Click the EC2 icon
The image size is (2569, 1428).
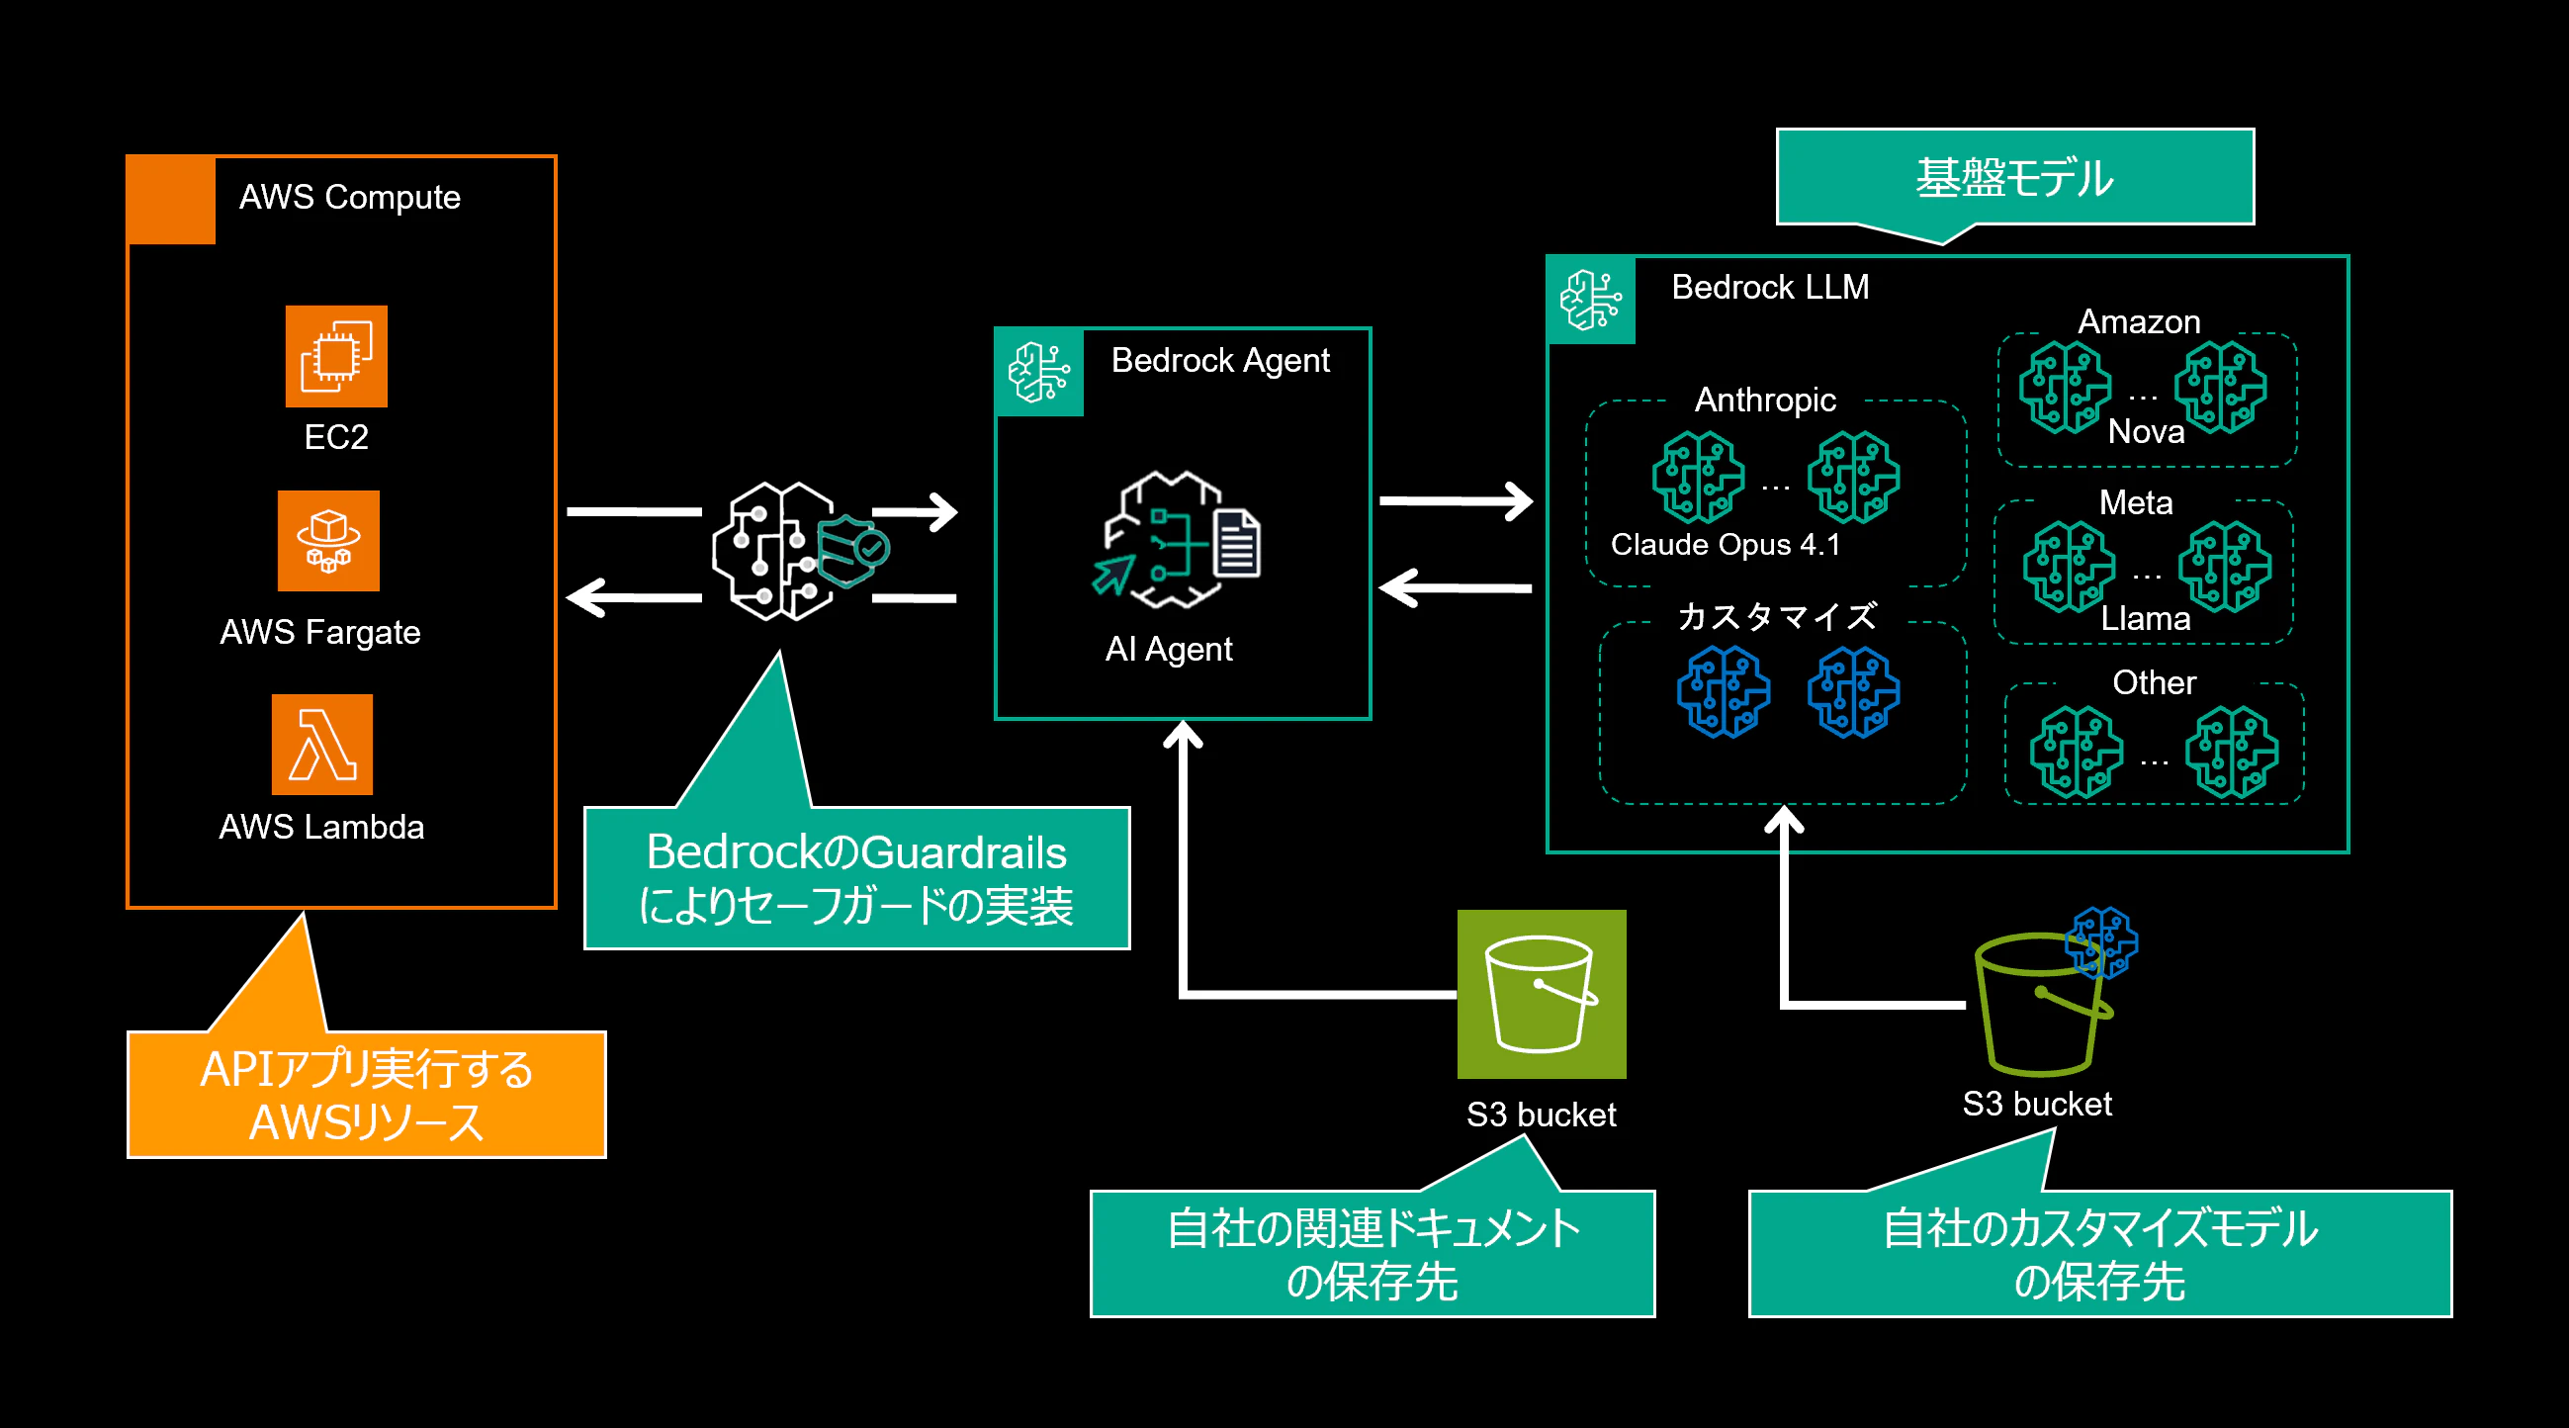coord(336,356)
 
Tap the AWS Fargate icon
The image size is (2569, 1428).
coord(328,541)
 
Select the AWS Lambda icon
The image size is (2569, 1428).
coord(322,744)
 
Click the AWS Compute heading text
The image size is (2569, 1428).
coord(350,198)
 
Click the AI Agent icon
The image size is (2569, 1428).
coord(1176,540)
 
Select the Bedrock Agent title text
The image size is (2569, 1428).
coord(1219,361)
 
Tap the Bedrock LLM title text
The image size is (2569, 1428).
coord(1770,287)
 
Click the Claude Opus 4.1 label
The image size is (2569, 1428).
coord(1726,545)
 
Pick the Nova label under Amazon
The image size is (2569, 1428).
coord(2146,432)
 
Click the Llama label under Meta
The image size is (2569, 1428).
coord(2145,619)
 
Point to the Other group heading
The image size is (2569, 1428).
coord(2154,682)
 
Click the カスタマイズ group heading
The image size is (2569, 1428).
coord(1777,616)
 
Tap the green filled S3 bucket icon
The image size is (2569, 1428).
coord(1541,994)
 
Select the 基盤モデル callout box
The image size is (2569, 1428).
coord(2014,177)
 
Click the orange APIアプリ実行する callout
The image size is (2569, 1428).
coord(366,1094)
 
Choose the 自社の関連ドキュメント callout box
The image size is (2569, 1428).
coord(1373,1254)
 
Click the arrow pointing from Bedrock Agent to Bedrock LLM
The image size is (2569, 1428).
coord(1456,500)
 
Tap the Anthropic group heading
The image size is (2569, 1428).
coord(1765,400)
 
